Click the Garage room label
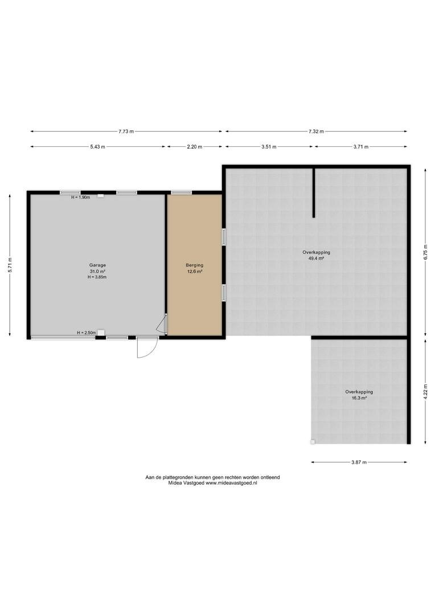(x=97, y=265)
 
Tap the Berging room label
(x=195, y=265)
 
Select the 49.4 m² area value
(x=316, y=259)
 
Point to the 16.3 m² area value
(x=359, y=397)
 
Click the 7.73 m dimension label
(x=126, y=132)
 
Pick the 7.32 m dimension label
(x=316, y=132)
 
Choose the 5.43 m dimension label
(x=98, y=147)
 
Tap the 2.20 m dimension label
(x=195, y=147)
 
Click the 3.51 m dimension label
(x=269, y=147)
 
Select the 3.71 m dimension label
(x=361, y=147)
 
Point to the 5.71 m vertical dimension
(x=11, y=265)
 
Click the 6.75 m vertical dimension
(x=425, y=252)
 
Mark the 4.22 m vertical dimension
(x=425, y=392)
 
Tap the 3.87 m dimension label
(x=359, y=462)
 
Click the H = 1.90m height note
(x=80, y=197)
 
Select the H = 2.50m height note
(x=87, y=333)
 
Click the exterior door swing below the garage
(x=147, y=348)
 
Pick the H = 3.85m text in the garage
(x=97, y=277)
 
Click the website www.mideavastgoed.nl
(x=231, y=483)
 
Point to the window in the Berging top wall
(x=181, y=192)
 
